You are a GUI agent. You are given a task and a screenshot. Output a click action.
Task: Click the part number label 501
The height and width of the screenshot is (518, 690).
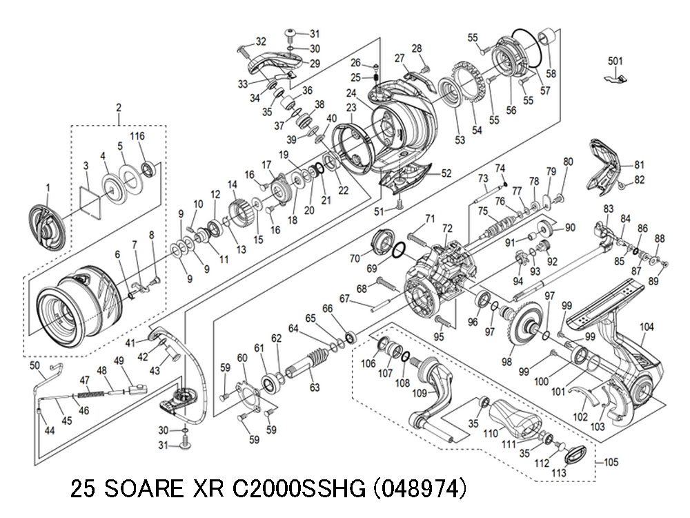point(615,61)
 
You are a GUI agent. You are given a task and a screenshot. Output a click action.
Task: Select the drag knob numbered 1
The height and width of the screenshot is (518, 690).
point(48,228)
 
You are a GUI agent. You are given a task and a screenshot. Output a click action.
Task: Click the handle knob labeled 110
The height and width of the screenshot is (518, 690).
point(515,417)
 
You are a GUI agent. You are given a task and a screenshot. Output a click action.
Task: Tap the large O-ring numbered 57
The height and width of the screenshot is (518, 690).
point(528,48)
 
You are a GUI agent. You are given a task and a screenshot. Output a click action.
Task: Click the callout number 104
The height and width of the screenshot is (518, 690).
point(647,327)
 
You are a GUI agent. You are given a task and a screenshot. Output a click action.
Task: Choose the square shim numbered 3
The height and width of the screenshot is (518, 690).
point(90,201)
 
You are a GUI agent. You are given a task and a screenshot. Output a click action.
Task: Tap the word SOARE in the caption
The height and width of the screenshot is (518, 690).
point(142,488)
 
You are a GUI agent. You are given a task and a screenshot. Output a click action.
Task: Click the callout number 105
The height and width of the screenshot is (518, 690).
point(611,462)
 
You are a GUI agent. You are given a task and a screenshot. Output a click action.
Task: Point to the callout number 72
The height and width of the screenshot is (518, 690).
point(447,229)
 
